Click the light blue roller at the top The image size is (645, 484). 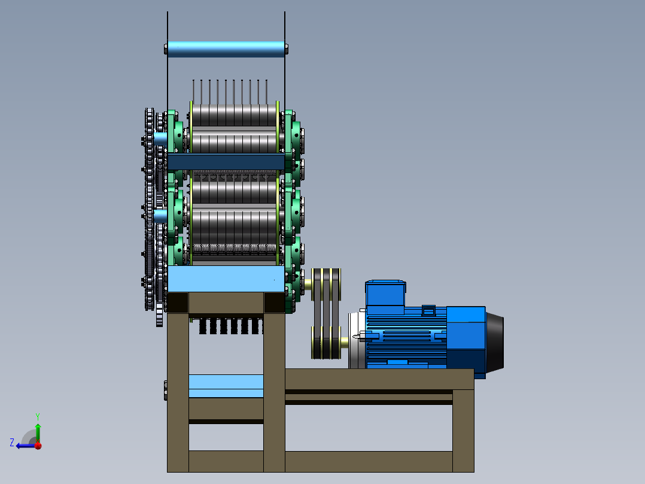226,49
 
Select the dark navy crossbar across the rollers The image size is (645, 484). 226,162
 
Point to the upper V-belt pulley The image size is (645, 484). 325,285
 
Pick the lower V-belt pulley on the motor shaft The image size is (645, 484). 325,342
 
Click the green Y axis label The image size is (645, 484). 38,417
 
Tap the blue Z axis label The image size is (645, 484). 12,443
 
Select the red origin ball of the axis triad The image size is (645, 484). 38,446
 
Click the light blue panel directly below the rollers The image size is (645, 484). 226,279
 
